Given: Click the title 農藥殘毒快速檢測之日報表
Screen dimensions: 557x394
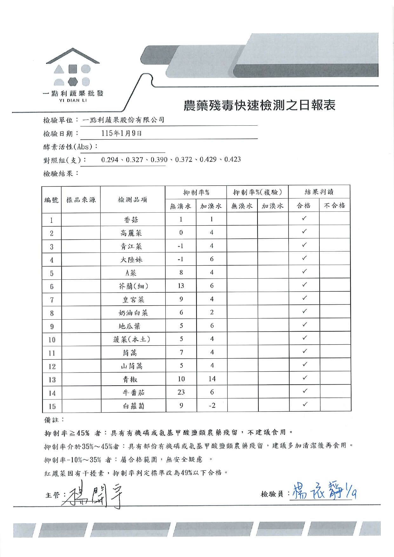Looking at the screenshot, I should coord(259,105).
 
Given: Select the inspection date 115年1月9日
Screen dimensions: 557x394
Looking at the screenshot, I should coord(121,133).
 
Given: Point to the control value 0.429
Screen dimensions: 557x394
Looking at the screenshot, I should coord(208,159).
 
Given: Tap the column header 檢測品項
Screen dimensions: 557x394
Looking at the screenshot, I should coord(132,200).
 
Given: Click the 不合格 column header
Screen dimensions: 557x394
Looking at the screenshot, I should coord(334,206).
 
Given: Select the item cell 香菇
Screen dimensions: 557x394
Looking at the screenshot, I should coord(131,220).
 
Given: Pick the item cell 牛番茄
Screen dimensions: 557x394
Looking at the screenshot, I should coord(133,393).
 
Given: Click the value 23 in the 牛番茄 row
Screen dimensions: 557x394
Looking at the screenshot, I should coord(181,392).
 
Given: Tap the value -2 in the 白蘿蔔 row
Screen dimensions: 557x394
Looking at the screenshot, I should coord(212,406).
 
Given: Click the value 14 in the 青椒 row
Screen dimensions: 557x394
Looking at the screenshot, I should coord(212,379).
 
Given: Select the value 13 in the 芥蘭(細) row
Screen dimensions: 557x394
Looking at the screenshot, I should coord(181,286).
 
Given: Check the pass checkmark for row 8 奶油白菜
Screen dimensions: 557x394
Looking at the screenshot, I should coord(304,311).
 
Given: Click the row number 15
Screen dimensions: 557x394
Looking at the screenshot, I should coord(52,406).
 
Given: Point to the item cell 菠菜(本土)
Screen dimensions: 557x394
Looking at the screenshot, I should coord(132,339).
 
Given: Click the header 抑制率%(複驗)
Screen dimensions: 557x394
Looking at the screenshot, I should coord(257,192).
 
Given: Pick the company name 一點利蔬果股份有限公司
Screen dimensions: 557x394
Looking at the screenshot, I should coord(123,120).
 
